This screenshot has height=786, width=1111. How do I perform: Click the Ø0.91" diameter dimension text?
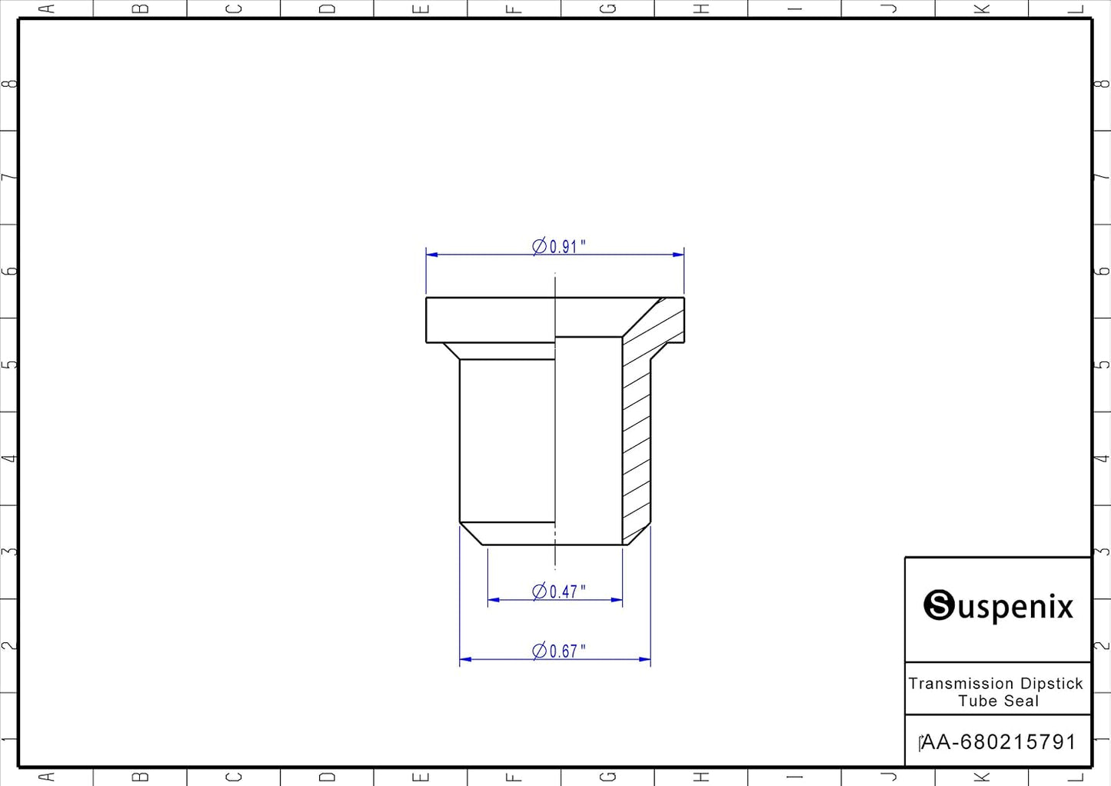[558, 246]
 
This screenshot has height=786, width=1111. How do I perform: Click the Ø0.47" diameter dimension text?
[558, 591]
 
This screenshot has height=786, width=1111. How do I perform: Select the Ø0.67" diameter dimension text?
[558, 651]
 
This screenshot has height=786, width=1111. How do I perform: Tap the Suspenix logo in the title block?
[999, 605]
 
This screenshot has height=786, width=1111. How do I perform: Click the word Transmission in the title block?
[961, 684]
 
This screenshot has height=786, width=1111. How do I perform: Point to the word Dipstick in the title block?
[1052, 684]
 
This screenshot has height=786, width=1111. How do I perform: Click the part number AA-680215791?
[999, 742]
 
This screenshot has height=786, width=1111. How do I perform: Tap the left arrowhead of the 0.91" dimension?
[432, 255]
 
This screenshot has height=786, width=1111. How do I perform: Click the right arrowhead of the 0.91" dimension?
[678, 255]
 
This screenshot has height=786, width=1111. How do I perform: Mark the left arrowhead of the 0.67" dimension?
[466, 659]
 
